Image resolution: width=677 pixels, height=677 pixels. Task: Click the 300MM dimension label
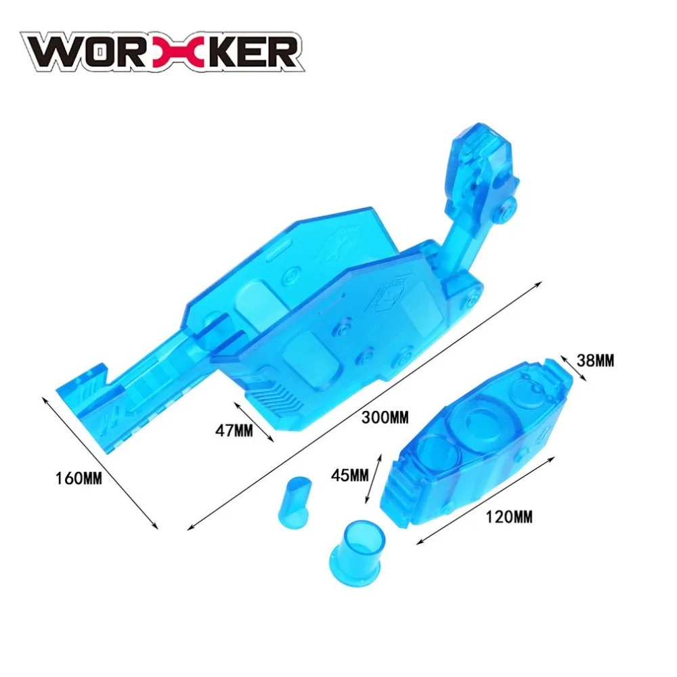(x=385, y=418)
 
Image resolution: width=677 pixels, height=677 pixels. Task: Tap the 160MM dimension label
(x=79, y=479)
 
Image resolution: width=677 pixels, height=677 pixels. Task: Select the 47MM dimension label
(x=234, y=430)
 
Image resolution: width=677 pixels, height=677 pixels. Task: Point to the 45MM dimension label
(x=350, y=475)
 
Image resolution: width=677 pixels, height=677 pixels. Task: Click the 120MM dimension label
(x=509, y=517)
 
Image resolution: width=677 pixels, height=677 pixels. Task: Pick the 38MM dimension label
(x=595, y=360)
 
